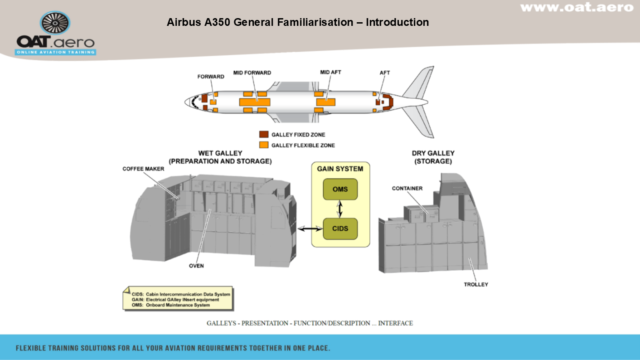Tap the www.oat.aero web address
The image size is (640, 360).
coord(577,7)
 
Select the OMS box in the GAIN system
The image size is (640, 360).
coord(340,189)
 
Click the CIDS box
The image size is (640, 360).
coord(340,229)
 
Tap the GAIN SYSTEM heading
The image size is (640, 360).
coord(340,169)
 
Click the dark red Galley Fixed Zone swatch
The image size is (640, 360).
coord(264,135)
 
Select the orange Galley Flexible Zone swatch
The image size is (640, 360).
coord(264,145)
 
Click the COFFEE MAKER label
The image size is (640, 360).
coord(143,169)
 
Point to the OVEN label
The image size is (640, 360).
coord(196,266)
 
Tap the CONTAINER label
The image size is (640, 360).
coord(407,188)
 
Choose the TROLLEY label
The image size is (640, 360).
coord(475,284)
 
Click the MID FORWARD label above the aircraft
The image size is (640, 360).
coord(252,73)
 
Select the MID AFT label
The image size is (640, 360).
coord(330,73)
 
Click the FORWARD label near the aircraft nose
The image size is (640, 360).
coord(211,77)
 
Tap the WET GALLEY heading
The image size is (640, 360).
coord(220,157)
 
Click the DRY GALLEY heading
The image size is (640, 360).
coord(433,157)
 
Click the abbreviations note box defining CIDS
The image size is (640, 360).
coord(178,299)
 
